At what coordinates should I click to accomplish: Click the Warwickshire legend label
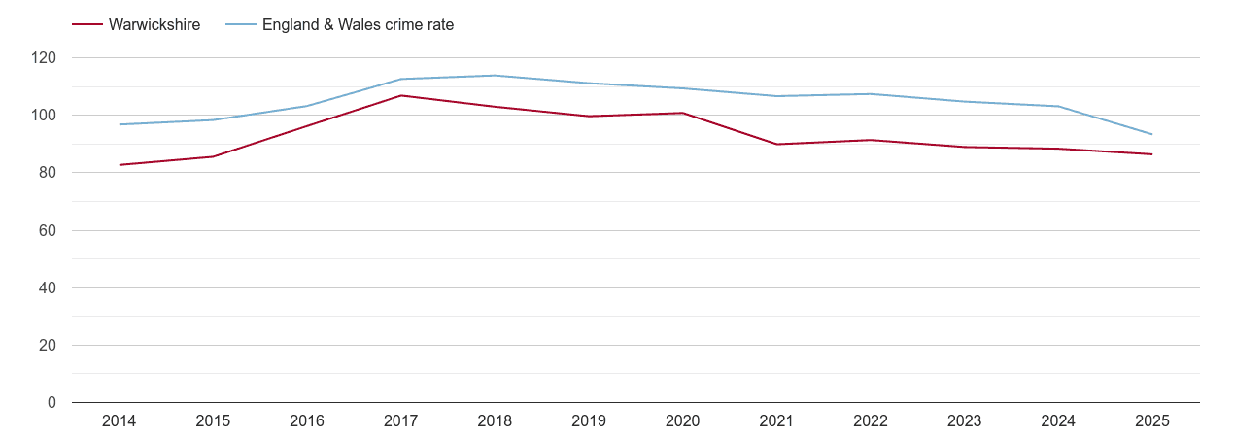pos(154,25)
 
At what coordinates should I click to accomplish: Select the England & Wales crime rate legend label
pos(358,25)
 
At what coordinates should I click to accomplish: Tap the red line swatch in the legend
pos(87,25)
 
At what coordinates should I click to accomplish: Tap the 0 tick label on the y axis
pos(52,403)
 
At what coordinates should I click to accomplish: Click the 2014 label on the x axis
pos(119,421)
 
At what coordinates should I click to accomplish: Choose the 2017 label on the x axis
pos(400,421)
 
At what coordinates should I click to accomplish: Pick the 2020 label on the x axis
pos(682,421)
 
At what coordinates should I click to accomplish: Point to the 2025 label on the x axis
pos(1152,421)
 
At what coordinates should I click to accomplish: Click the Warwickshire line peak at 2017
pos(400,95)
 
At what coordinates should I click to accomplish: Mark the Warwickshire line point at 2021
pos(776,144)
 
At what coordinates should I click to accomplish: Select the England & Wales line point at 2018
pos(495,76)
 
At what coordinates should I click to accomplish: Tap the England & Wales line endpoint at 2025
pos(1152,134)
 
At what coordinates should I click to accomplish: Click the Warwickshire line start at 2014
pos(119,165)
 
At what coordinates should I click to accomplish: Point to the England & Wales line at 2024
pos(1058,106)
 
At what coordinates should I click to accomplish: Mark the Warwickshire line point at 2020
pos(682,113)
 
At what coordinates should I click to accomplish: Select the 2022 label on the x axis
pos(871,421)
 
